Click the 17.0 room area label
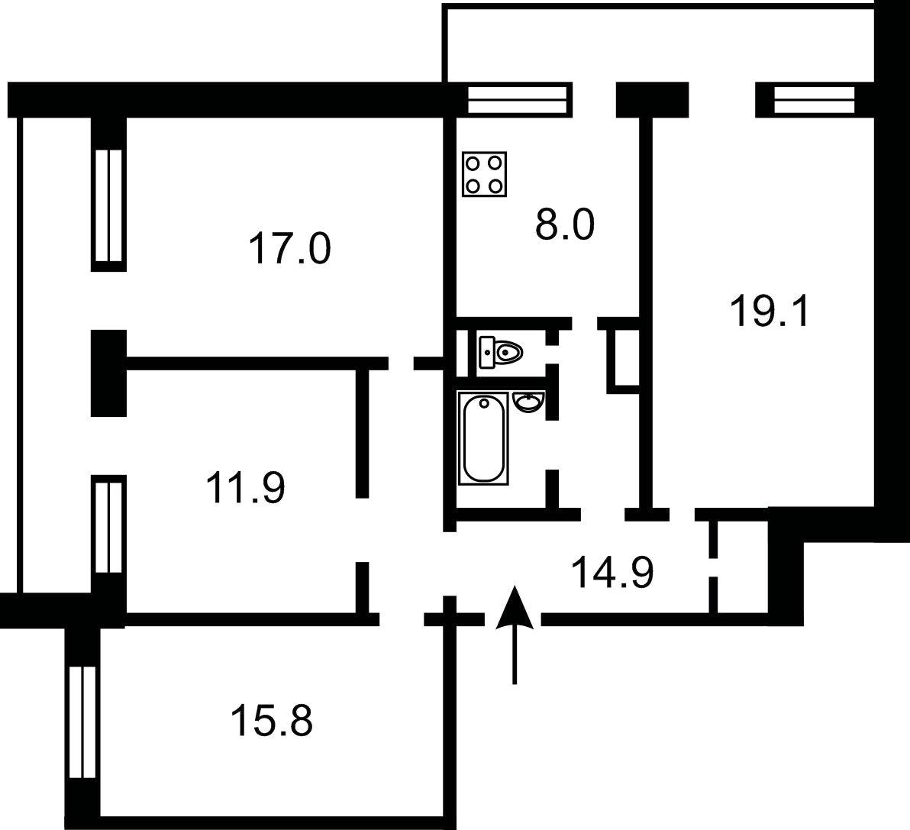(289, 248)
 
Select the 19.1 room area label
(769, 311)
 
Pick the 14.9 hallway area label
(612, 572)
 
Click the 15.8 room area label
(272, 720)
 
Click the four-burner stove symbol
(485, 174)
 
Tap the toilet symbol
(500, 352)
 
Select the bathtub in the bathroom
(482, 438)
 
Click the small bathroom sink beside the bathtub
(529, 402)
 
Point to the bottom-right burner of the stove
(495, 185)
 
